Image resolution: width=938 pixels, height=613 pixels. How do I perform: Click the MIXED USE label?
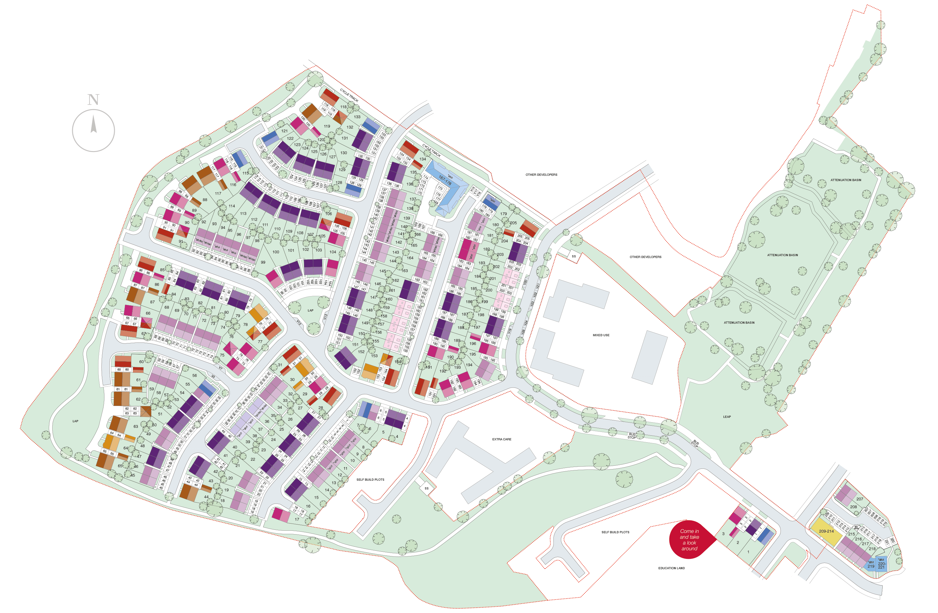(601, 335)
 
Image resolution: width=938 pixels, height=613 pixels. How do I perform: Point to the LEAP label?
(727, 417)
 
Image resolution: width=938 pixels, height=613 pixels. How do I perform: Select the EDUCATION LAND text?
(671, 568)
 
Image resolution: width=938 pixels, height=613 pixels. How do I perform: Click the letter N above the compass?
(93, 100)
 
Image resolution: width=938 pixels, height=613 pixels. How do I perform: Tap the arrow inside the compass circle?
(94, 124)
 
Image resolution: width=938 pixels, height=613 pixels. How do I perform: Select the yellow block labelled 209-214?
(826, 531)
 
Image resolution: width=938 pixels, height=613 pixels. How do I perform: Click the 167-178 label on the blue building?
(445, 180)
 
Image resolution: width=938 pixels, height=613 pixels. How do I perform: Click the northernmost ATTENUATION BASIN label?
(845, 180)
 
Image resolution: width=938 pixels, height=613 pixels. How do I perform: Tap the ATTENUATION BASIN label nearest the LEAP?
(739, 322)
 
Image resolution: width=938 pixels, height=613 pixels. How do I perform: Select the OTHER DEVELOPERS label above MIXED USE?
(645, 257)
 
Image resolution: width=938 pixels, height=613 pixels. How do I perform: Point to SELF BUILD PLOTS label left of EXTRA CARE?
(370, 480)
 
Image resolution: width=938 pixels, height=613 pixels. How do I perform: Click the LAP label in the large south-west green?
(75, 421)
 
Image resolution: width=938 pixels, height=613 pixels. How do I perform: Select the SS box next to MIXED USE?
(573, 256)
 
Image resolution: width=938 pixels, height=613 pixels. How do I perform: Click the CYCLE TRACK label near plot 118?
(349, 95)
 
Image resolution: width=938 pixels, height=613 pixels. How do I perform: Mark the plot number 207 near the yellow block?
(860, 499)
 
